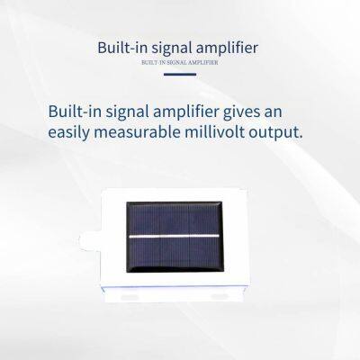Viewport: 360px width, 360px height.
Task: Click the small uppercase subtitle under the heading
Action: tap(179, 63)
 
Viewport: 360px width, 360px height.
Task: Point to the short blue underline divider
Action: tap(179, 75)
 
